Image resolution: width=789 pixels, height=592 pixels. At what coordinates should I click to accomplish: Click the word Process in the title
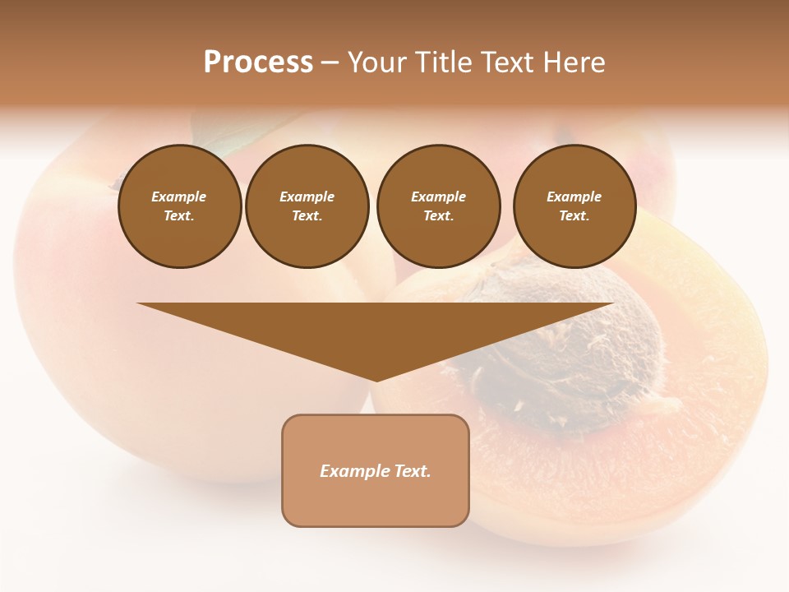click(258, 62)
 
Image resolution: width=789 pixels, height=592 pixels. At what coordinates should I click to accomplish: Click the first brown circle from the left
click(179, 206)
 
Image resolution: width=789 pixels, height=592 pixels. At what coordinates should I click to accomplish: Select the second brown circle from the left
click(307, 206)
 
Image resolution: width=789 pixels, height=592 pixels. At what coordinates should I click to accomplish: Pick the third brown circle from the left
click(438, 206)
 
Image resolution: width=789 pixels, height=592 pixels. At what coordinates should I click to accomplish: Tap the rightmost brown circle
click(574, 206)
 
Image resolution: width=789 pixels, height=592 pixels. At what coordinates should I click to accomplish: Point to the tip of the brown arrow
click(376, 379)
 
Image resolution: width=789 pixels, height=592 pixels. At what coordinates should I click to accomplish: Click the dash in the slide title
click(330, 63)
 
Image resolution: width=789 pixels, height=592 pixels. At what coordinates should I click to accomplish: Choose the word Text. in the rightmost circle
click(574, 216)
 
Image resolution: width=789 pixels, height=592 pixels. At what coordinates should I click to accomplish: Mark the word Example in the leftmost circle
click(179, 197)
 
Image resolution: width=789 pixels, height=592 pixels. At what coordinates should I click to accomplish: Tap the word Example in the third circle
click(438, 197)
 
